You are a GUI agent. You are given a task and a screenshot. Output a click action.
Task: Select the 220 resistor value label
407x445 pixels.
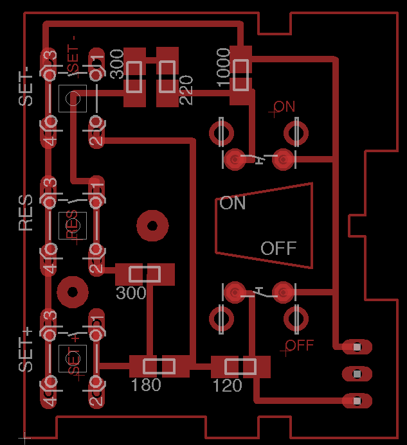186,91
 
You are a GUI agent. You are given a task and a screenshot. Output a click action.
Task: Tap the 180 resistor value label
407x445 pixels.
146,385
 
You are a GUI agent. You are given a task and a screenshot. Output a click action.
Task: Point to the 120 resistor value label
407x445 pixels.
227,385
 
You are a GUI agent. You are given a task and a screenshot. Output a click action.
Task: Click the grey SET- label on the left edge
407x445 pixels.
26,87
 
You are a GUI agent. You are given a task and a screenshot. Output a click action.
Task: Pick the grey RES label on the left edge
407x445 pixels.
26,213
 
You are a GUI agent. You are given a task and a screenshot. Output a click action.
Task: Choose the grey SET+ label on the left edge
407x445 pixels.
26,350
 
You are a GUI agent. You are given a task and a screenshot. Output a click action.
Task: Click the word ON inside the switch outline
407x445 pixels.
233,204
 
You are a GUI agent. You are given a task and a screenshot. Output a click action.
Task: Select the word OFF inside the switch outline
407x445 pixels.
278,248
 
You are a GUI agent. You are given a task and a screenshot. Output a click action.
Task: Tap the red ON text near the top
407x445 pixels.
284,107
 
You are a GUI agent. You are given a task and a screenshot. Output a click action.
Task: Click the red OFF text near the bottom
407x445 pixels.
300,345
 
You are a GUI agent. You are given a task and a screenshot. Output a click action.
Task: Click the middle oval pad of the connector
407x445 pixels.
357,374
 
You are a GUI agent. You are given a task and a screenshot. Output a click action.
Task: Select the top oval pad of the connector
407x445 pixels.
357,347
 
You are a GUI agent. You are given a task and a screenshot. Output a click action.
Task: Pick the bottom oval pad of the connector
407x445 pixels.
357,401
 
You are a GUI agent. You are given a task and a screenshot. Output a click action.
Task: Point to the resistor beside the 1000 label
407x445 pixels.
241,75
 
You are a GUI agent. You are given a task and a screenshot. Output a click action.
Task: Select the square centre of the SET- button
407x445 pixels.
72,98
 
